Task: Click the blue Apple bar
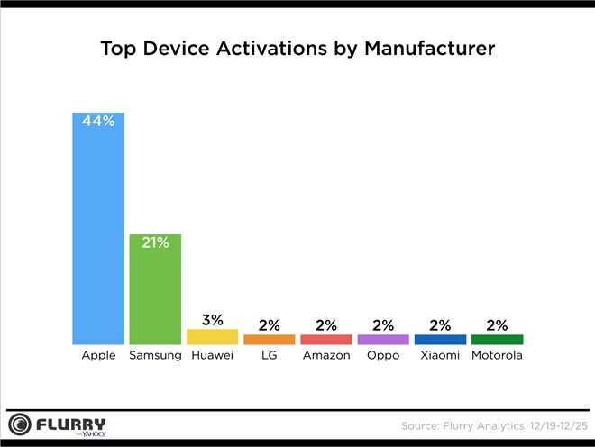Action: tap(98, 229)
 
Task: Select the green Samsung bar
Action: tap(155, 289)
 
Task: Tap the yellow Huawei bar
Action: tap(212, 336)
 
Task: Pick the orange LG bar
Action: tap(269, 340)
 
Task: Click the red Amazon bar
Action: tap(325, 340)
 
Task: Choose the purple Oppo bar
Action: tap(383, 340)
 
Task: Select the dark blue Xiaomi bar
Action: tap(440, 340)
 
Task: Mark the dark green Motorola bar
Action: tap(497, 340)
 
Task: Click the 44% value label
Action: tap(98, 121)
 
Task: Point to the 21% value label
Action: tap(155, 242)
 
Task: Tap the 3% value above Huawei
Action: tap(212, 319)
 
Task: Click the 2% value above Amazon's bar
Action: tap(325, 325)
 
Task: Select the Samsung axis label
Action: tap(155, 356)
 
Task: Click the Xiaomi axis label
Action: tap(440, 356)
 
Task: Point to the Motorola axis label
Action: tap(497, 356)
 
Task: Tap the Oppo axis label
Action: tap(383, 356)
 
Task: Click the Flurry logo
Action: tap(58, 424)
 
